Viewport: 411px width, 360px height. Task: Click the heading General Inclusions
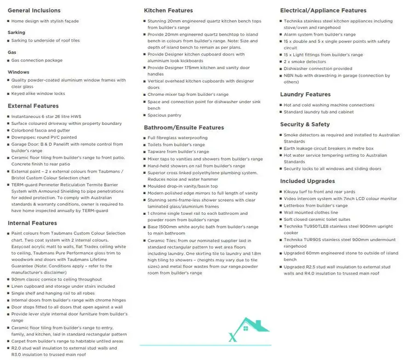[x=34, y=10]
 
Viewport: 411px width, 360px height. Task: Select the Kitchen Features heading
[x=168, y=10]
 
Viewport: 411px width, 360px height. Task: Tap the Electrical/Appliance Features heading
[x=323, y=10]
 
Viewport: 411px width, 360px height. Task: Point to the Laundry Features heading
[x=305, y=94]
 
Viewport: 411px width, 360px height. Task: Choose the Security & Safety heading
[x=305, y=124]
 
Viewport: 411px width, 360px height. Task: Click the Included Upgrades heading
[x=307, y=181]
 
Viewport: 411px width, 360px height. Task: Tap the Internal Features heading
[x=32, y=223]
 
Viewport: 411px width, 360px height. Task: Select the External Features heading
[x=33, y=106]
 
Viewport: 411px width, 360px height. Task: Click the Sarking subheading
[x=16, y=32]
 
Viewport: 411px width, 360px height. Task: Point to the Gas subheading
[x=12, y=52]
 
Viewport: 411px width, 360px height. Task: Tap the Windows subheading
[x=18, y=72]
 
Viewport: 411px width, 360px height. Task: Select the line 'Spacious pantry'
[x=164, y=115]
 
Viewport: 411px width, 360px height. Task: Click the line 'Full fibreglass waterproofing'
[x=178, y=138]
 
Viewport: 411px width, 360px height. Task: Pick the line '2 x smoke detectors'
[x=305, y=62]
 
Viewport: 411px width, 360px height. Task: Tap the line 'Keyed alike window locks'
[x=38, y=94]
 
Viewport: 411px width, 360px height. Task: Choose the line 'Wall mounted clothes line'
[x=311, y=212]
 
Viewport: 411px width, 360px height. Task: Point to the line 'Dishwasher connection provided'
[x=318, y=68]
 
